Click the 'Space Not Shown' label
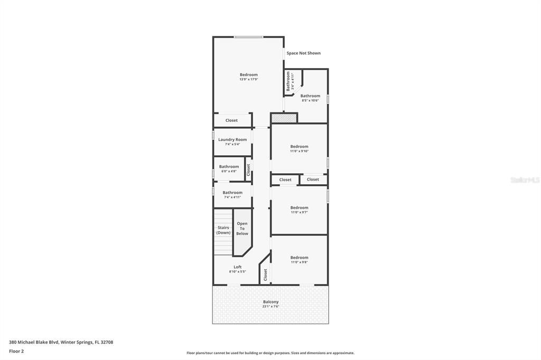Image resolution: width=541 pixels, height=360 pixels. pos(303,53)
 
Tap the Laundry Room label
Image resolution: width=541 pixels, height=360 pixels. pos(232,140)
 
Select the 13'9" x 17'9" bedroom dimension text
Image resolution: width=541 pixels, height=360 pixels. pos(248,80)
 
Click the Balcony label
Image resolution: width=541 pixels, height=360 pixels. pos(270,302)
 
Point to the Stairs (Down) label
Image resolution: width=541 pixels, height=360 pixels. pos(223,230)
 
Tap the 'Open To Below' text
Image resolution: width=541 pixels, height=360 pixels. pos(242,229)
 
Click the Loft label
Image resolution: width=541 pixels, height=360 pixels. pos(237,267)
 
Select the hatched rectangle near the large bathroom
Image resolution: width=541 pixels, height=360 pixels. pos(284,118)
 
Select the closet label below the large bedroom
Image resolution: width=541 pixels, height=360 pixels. pos(231,120)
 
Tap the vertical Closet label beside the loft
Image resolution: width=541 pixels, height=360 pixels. pos(265,274)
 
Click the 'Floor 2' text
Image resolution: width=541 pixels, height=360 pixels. pos(16,351)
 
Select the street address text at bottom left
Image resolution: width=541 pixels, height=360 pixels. pos(61,342)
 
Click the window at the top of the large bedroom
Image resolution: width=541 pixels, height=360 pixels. pos(248,37)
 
